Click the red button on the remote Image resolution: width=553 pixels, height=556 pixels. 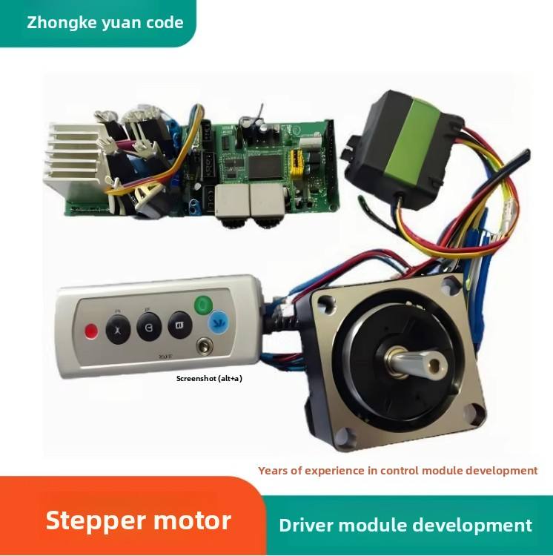pos(91,331)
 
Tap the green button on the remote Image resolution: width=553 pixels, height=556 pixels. pos(202,305)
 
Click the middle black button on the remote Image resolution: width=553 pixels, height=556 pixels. pos(148,325)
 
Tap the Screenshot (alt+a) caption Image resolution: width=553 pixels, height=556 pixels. pos(209,379)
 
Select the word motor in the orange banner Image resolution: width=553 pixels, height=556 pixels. pos(193,520)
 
